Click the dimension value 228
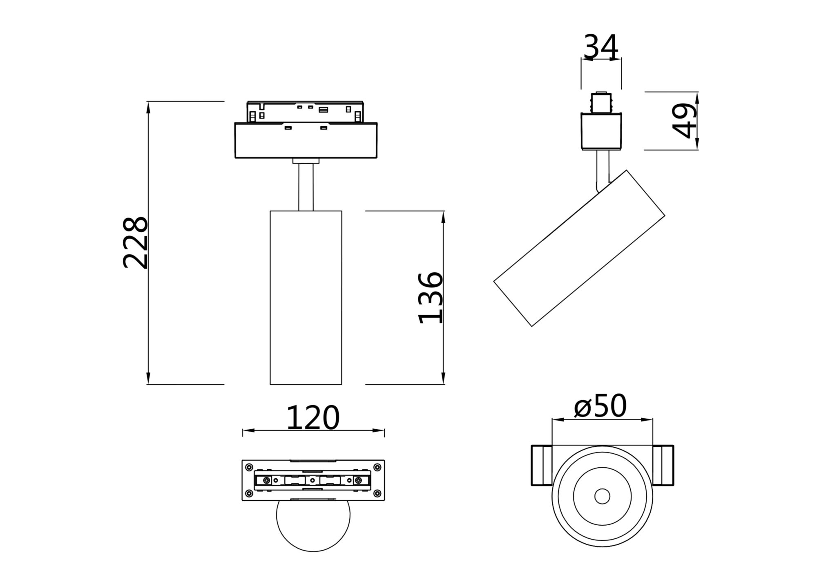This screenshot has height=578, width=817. coord(135,242)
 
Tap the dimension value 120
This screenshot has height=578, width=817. coord(313,418)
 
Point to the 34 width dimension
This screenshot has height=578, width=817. coord(601,47)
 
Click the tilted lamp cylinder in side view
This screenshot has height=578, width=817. coord(579,248)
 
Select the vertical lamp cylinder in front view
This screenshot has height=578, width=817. coord(306,298)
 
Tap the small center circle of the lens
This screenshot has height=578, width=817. coord(602,496)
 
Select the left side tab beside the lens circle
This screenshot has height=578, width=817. coord(542,465)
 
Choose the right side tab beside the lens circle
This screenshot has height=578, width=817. coord(663,465)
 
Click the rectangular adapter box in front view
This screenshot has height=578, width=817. coord(306,140)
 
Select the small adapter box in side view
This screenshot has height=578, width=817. coord(601,131)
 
